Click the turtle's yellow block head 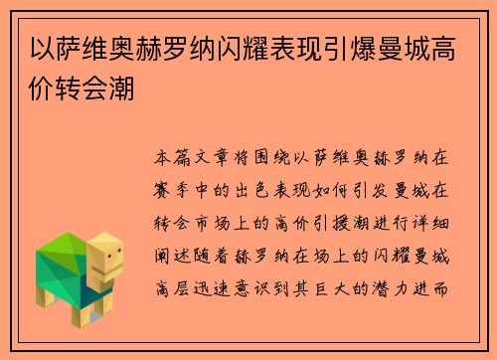tap(107, 257)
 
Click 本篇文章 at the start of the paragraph tap(188, 157)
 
